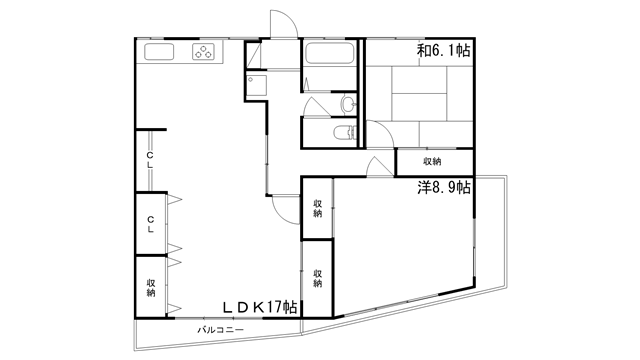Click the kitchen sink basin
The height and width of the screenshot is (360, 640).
pyautogui.click(x=159, y=52)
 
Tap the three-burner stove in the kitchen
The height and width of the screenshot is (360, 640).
pyautogui.click(x=203, y=52)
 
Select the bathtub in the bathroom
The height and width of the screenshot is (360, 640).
pyautogui.click(x=329, y=53)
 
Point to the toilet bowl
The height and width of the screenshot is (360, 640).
pyautogui.click(x=343, y=133)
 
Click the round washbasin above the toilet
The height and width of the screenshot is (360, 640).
pyautogui.click(x=349, y=105)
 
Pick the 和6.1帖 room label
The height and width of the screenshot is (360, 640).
pyautogui.click(x=443, y=50)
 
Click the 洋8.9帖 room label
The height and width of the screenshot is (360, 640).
pyautogui.click(x=444, y=187)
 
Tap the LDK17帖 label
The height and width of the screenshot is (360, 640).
pyautogui.click(x=260, y=307)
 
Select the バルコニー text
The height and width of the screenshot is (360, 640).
pyautogui.click(x=221, y=329)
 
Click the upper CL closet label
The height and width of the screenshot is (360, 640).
pyautogui.click(x=150, y=160)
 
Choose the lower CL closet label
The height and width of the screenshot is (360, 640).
pyautogui.click(x=150, y=224)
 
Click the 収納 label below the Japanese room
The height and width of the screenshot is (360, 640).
pyautogui.click(x=432, y=161)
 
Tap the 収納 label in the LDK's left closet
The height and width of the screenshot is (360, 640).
pyautogui.click(x=151, y=287)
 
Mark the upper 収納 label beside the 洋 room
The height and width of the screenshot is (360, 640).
pyautogui.click(x=318, y=208)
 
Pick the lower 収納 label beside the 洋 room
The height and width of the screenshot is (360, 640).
pyautogui.click(x=318, y=278)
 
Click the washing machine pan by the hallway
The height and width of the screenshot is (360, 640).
pyautogui.click(x=256, y=85)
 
